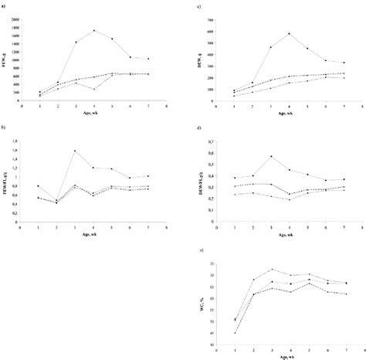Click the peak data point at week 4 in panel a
[x=94, y=31]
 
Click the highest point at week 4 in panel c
[x=290, y=33]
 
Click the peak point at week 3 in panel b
[x=76, y=151]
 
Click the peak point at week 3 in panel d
[x=272, y=156]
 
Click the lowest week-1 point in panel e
[x=235, y=333]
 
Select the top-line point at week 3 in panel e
[x=272, y=269]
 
